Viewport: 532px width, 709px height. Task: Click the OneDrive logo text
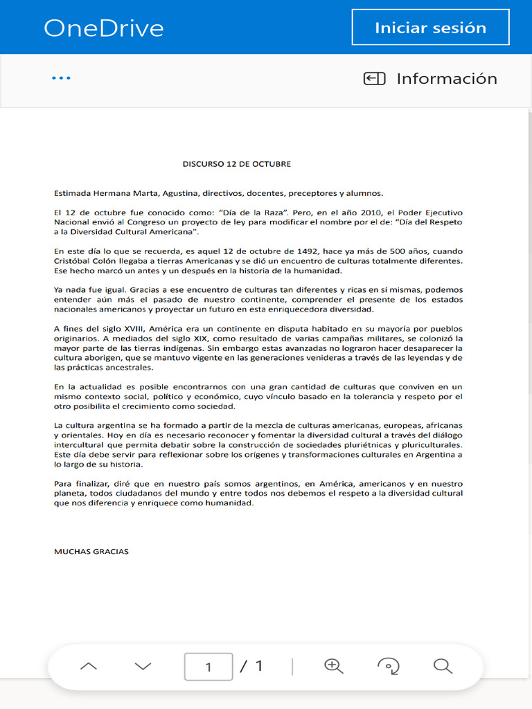click(x=104, y=28)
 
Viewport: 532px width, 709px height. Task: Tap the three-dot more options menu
click(x=61, y=78)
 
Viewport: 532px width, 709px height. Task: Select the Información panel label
click(x=446, y=78)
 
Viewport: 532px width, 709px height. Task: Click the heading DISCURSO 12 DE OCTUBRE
click(x=236, y=164)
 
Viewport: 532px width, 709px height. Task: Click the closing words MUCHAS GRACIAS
click(x=91, y=552)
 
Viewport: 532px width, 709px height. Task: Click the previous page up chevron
click(x=89, y=667)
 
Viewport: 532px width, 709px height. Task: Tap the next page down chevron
click(x=143, y=667)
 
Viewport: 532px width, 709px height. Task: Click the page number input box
click(x=209, y=667)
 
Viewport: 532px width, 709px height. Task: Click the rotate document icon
click(x=388, y=666)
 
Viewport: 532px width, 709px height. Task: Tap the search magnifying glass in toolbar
click(x=443, y=666)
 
